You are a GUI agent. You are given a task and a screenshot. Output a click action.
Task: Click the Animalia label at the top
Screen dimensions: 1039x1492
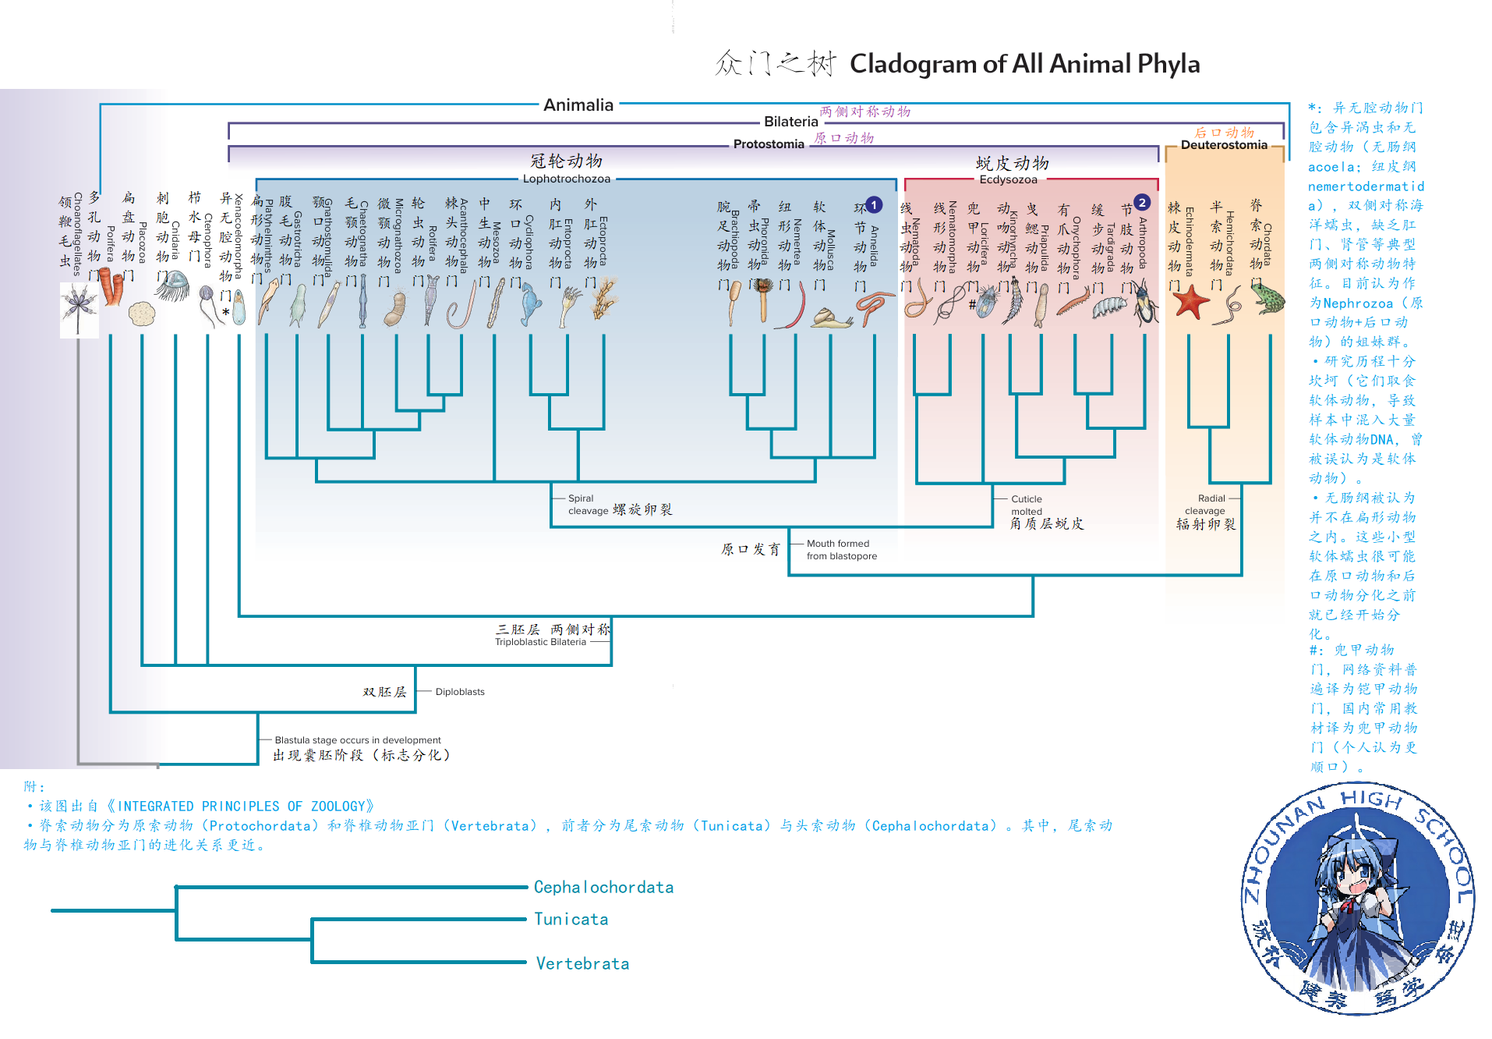tap(578, 105)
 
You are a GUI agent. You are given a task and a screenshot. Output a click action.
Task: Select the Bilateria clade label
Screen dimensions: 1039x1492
tap(790, 122)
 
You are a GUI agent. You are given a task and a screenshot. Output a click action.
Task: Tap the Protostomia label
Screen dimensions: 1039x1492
tap(768, 144)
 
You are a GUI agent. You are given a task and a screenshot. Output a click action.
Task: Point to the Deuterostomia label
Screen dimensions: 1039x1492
tap(1223, 145)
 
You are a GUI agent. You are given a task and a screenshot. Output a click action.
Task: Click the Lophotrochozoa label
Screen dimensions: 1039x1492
tap(566, 179)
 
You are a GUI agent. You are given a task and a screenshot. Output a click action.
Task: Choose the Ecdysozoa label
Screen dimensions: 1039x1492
tap(1008, 180)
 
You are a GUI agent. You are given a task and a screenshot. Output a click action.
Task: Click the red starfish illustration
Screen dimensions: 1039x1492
tap(1190, 302)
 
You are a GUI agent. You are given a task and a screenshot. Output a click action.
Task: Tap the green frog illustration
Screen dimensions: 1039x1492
tap(1267, 298)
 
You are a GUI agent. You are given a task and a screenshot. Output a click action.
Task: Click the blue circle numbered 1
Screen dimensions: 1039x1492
tap(874, 205)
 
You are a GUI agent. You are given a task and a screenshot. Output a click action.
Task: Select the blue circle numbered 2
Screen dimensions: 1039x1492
tap(1142, 203)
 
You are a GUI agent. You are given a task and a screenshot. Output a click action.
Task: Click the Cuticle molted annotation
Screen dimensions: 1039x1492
tap(1026, 505)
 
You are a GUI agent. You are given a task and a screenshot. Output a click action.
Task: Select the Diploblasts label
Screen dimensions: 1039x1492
tap(460, 692)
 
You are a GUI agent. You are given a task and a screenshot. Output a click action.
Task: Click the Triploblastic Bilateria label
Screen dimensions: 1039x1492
tap(540, 642)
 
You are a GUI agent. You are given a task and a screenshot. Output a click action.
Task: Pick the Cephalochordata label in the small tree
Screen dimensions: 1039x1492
tap(603, 887)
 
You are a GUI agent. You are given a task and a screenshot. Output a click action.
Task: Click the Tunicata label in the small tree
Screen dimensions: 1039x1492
tap(571, 919)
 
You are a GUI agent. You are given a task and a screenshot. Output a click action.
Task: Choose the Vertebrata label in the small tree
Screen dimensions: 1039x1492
tap(582, 963)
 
